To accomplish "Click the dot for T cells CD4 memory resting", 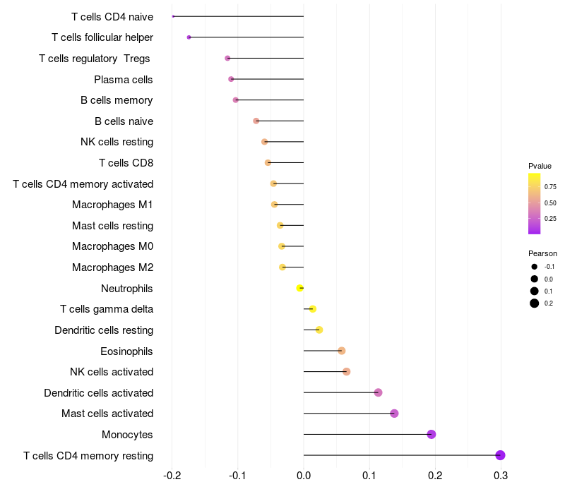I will coord(500,455).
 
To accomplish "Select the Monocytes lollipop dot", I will coord(432,434).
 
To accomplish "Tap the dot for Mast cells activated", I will coord(394,414).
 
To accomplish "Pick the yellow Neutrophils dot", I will coord(300,288).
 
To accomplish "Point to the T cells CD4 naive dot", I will coord(173,16).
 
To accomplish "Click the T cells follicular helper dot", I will coord(189,37).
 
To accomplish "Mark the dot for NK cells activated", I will coord(346,371).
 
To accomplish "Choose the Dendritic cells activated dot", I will coord(378,392).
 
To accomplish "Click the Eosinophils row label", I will coord(127,351).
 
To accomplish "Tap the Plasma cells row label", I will coord(124,79).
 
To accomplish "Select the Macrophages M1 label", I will coord(112,205).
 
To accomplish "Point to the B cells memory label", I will coord(117,100).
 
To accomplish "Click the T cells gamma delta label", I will coord(107,309).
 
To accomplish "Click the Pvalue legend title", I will coord(540,166).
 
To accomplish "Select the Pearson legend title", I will coord(542,253).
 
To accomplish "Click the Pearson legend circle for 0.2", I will coord(535,303).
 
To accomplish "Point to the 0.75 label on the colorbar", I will coord(550,187).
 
